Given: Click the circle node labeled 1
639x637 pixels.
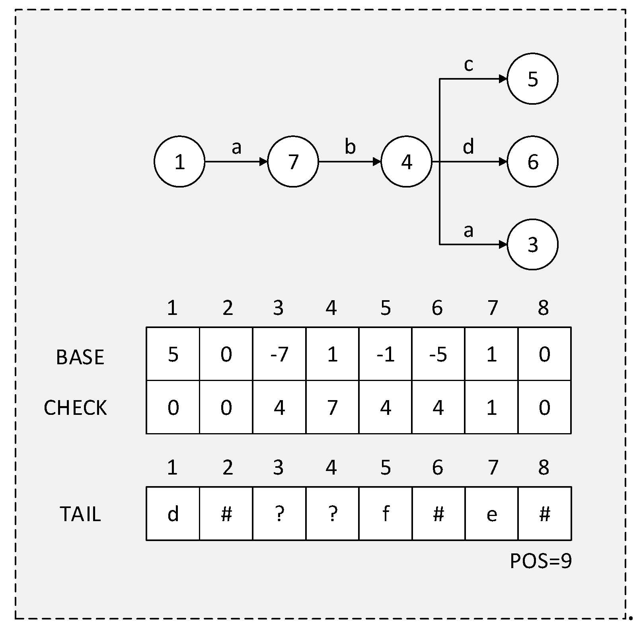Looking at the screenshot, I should coord(179,162).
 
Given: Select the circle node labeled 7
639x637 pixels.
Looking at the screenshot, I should coord(293,162).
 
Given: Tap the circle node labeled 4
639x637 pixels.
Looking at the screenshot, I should coord(406,162).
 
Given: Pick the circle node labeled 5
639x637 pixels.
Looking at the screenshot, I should coord(532,79).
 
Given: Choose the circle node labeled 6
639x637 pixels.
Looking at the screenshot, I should coord(532,162).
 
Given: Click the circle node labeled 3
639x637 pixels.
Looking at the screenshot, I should coord(532,244).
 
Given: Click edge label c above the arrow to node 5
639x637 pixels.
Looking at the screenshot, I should coord(468,64).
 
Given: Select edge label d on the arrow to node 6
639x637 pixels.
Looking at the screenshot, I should coord(468,147).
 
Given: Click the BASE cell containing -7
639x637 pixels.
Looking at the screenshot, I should coord(279,354).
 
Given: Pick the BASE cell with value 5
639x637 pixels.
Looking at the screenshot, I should coord(173,354).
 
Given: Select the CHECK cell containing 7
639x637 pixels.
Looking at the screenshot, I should coord(332,407).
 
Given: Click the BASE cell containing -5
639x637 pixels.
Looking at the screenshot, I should coord(438,354).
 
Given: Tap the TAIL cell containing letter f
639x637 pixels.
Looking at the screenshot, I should coord(385,514).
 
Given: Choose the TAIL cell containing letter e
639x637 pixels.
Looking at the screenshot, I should coord(491,514).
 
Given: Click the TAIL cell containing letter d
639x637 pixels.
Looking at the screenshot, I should coord(173,514).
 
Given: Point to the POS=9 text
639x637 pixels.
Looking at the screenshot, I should coord(540,561).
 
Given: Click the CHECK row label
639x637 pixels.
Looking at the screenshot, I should coord(75,408).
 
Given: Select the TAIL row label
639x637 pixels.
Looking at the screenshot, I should coord(80,514).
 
